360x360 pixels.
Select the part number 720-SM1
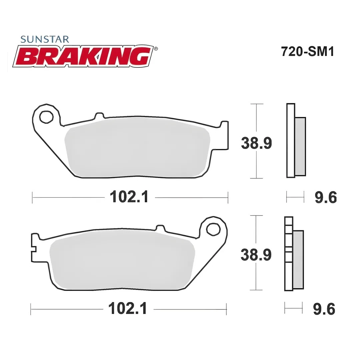pos(307,52)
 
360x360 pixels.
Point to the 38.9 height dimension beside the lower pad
pos(256,255)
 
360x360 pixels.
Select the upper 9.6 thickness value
pos(326,197)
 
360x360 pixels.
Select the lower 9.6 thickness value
pos(324,309)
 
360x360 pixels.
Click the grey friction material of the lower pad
pos(122,263)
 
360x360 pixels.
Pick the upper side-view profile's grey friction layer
pos(300,146)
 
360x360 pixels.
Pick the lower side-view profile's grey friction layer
pos(298,260)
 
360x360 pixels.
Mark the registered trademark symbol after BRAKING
pos(156,49)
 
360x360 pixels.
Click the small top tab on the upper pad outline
pos(99,115)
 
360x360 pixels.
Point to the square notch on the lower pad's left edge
pos(33,249)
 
